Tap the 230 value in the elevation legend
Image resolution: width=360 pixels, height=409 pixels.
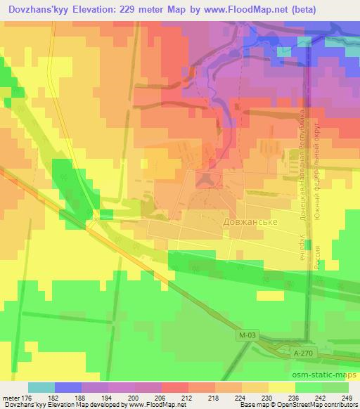point(266,398)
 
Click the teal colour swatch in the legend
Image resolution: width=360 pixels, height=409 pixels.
point(41,387)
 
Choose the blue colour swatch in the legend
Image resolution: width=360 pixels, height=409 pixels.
point(68,387)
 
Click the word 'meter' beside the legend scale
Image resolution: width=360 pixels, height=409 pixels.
point(13,398)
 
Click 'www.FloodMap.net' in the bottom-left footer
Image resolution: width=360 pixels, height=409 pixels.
point(150,405)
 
